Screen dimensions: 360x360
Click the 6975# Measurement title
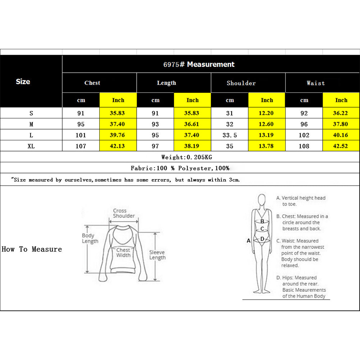(x=199, y=64)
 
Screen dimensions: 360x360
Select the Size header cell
(x=23, y=82)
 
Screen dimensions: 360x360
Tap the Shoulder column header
(x=241, y=83)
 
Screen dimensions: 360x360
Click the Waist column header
(x=315, y=83)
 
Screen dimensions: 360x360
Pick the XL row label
(x=31, y=146)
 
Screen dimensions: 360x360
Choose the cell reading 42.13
(x=118, y=146)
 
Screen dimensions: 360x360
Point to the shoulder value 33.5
(x=230, y=135)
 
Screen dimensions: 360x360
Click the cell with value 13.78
(x=266, y=146)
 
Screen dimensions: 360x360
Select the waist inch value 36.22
(x=341, y=113)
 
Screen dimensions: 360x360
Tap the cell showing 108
(x=304, y=146)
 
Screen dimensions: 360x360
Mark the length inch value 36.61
(x=192, y=124)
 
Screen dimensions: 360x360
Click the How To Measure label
(x=32, y=249)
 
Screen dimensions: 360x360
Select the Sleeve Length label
(x=158, y=255)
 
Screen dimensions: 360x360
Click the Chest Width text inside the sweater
(x=123, y=252)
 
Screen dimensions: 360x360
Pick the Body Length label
(x=90, y=238)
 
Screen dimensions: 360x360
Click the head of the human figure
(x=262, y=200)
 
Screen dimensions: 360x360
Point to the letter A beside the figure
(x=249, y=241)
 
